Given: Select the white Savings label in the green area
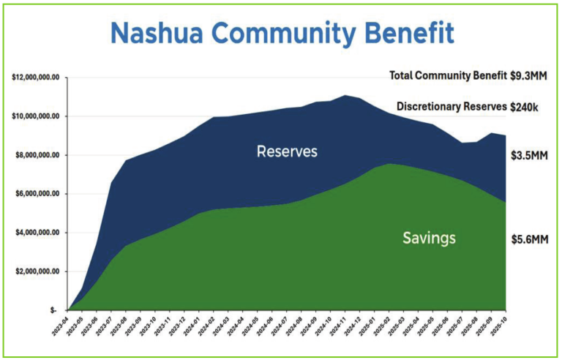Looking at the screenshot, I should [x=429, y=238].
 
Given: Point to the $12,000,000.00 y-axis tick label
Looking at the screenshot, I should [x=36, y=78].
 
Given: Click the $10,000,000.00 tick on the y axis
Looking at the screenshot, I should [x=36, y=116].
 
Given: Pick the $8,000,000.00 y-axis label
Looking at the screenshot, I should [x=38, y=155].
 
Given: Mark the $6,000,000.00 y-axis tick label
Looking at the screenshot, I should [x=38, y=194].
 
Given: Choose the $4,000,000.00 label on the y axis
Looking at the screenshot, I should [x=38, y=233].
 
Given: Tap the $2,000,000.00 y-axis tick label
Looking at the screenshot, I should [x=38, y=271].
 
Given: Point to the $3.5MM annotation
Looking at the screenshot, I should [x=528, y=156].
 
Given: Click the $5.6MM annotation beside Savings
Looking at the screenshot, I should [x=528, y=239].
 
